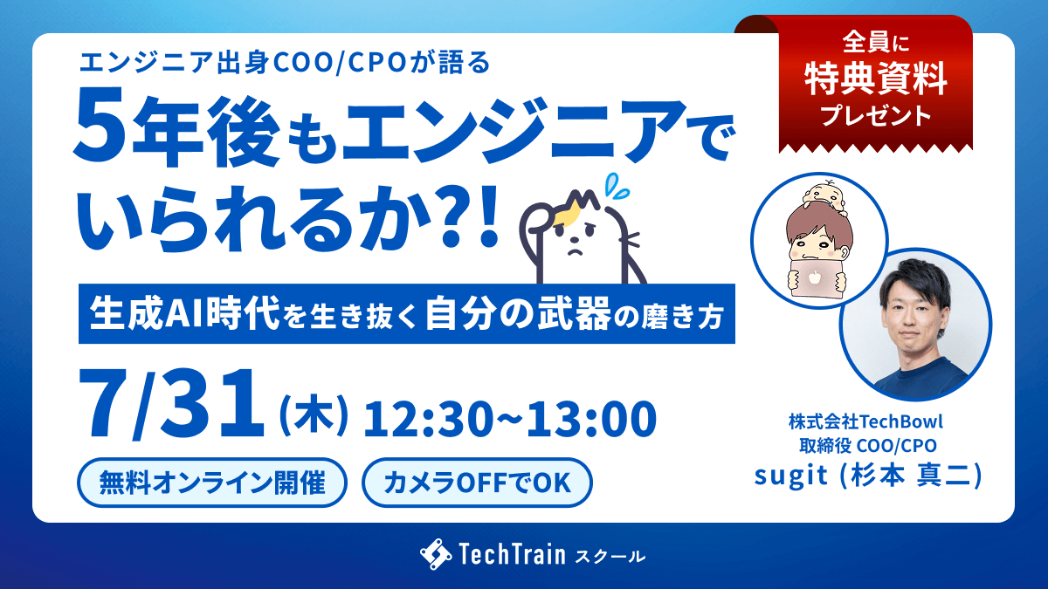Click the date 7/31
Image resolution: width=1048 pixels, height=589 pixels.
click(171, 404)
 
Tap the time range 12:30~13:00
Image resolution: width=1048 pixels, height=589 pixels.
click(510, 419)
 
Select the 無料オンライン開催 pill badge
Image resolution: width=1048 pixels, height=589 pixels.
click(212, 483)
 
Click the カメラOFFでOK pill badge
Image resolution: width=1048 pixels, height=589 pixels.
click(477, 483)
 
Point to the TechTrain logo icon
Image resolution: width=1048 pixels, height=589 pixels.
click(436, 554)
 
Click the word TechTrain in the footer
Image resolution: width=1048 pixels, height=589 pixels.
click(513, 554)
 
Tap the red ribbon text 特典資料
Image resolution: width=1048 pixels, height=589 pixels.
click(876, 79)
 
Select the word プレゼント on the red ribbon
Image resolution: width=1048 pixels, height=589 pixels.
click(876, 116)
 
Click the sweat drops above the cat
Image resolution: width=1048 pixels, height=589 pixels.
click(617, 186)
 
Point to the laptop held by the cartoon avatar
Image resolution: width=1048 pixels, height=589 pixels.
click(816, 277)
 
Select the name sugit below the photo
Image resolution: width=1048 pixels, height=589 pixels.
click(790, 476)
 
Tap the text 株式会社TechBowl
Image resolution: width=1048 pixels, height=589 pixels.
click(866, 421)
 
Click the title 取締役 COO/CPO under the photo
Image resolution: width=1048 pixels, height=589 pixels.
click(868, 446)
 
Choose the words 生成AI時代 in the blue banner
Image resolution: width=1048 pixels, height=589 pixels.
click(185, 313)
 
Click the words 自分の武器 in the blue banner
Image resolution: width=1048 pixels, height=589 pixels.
click(519, 313)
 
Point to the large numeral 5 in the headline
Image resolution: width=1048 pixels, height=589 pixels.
click(100, 126)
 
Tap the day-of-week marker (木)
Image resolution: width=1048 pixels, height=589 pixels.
click(314, 415)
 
